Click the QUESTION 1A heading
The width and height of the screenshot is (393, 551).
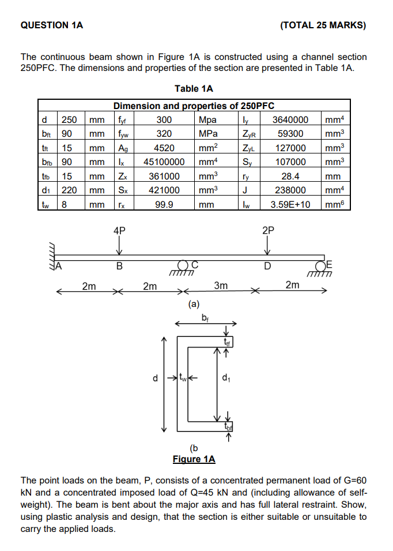(51, 25)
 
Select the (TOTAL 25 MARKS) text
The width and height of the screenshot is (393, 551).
(323, 25)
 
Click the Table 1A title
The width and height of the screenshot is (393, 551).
(194, 88)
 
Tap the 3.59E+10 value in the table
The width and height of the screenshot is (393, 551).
(290, 204)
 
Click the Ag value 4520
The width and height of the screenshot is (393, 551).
(164, 148)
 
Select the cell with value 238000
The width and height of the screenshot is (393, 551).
(290, 190)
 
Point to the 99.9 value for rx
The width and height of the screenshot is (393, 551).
(164, 204)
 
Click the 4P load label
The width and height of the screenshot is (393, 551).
(119, 229)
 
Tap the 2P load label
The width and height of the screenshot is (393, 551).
(268, 229)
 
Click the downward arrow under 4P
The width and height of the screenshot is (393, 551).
(119, 246)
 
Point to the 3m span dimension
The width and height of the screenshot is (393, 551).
(221, 285)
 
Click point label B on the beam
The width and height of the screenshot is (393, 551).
(119, 267)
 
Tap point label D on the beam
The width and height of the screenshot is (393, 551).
(267, 267)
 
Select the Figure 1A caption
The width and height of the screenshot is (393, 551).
(194, 459)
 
